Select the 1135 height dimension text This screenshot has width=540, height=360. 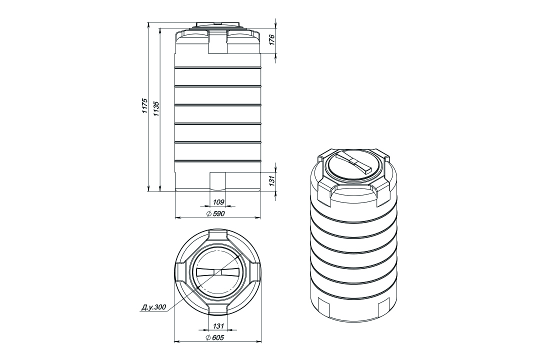(x=156, y=108)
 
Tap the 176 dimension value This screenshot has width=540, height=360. (x=271, y=39)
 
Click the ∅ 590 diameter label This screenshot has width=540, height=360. (x=215, y=214)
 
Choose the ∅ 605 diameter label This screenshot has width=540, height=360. (x=215, y=337)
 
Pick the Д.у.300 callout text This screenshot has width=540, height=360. (x=153, y=307)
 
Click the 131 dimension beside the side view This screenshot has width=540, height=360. (x=271, y=181)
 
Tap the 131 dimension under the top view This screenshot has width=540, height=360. (x=218, y=325)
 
